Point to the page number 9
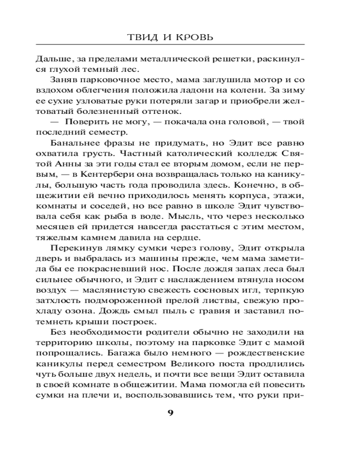click(x=170, y=414)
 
